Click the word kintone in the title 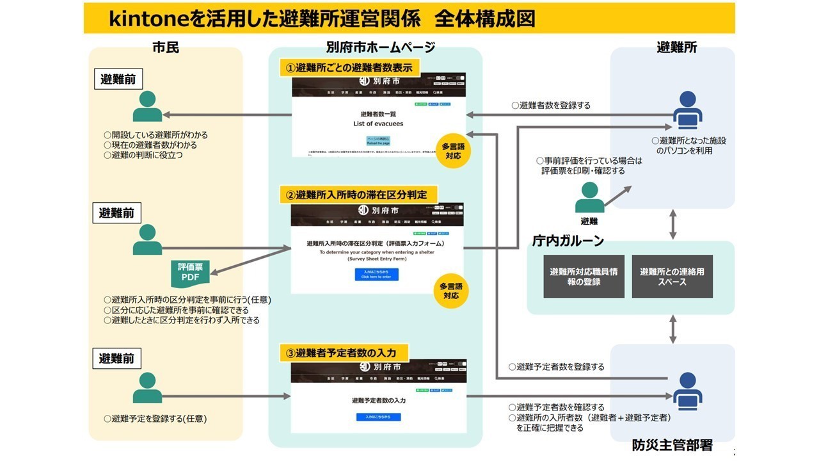(x=150, y=19)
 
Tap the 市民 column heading (x=165, y=47)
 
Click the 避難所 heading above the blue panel (x=676, y=47)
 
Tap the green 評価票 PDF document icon (x=190, y=273)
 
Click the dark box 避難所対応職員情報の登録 (x=584, y=277)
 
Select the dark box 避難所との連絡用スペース (x=672, y=277)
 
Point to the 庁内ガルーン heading (x=568, y=241)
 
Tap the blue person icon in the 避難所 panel (x=687, y=109)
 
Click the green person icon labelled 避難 (x=589, y=198)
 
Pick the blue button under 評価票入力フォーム (x=376, y=274)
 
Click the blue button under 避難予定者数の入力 (x=378, y=417)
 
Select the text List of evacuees (x=378, y=124)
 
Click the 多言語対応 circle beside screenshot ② (x=451, y=291)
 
